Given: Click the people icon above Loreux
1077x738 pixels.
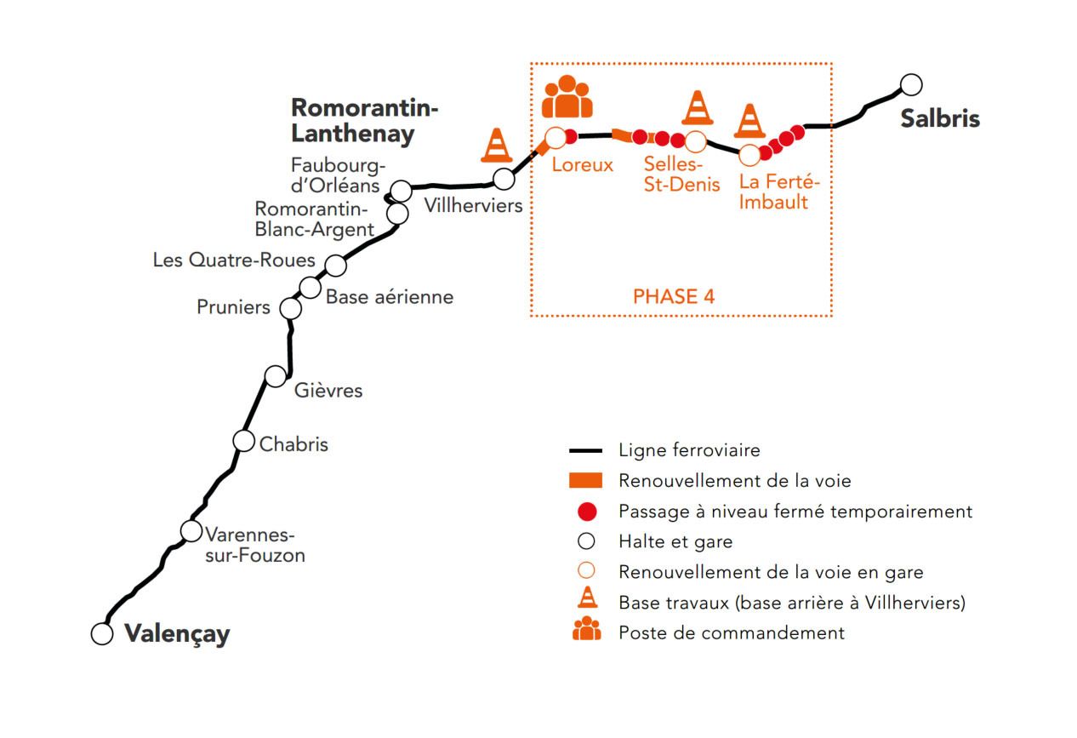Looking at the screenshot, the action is [x=567, y=96].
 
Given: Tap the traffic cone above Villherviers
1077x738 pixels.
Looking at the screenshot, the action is [x=497, y=145].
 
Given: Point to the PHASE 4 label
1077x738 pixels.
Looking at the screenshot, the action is [x=674, y=296].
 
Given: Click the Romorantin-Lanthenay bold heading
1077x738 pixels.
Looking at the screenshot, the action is [x=364, y=120].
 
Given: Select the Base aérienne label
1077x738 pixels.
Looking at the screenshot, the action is [x=390, y=297].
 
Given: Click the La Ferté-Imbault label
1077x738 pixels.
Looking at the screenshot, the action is [x=779, y=192].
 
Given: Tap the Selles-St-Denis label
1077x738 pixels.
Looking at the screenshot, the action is [x=681, y=174].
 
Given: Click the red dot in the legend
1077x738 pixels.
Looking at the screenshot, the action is [x=587, y=512].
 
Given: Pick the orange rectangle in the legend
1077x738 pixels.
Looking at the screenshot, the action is [x=585, y=481].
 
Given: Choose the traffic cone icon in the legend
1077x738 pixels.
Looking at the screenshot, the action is [x=588, y=598].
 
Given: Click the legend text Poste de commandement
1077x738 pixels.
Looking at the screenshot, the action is [x=732, y=633].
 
